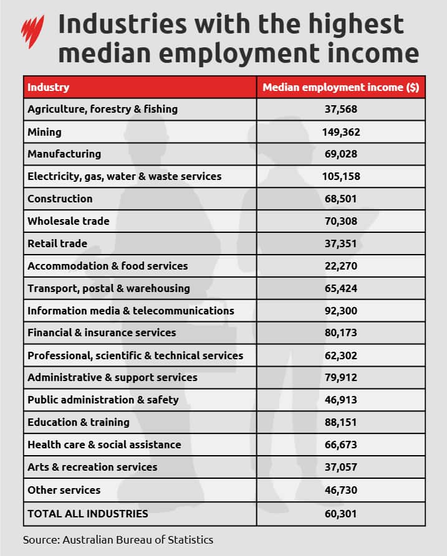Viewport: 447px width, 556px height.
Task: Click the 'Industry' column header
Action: coord(48,87)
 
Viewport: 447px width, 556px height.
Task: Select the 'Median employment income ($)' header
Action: coord(340,87)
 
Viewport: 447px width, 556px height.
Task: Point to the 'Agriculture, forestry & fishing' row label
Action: coord(102,109)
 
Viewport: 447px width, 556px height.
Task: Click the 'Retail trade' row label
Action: coord(57,243)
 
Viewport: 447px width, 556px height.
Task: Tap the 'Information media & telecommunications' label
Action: coord(131,310)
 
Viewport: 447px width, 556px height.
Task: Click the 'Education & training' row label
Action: coord(79,422)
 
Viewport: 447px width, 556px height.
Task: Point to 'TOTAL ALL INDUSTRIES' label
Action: coord(88,514)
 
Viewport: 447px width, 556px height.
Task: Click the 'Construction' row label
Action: coord(60,199)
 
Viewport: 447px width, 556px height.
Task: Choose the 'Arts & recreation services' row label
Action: coord(92,467)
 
